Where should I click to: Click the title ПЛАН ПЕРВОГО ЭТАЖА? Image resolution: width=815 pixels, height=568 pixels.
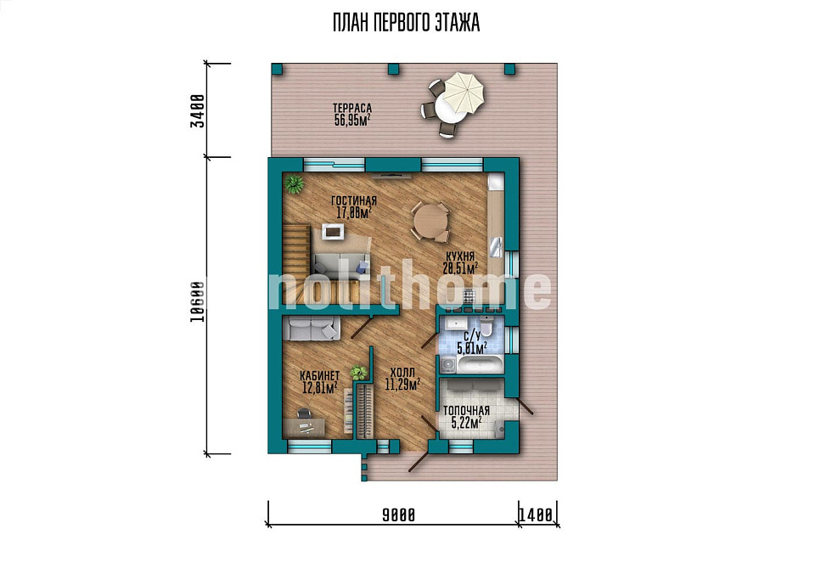point(406,24)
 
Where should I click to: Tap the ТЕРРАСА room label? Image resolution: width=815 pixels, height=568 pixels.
point(351,108)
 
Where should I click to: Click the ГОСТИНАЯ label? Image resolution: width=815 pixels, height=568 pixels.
point(353,201)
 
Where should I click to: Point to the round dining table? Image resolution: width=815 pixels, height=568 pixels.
point(430,222)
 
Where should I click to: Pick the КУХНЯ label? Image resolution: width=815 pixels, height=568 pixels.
point(459,256)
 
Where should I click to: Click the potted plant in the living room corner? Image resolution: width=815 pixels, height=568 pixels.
point(295,183)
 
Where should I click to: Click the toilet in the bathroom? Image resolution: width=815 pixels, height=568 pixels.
point(486,326)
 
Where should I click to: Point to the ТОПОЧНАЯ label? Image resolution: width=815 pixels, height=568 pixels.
point(466,412)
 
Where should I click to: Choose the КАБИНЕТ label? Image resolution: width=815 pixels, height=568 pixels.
point(320,375)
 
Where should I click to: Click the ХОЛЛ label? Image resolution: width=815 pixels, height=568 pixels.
point(402,373)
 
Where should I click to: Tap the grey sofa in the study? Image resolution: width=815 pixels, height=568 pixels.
point(312,329)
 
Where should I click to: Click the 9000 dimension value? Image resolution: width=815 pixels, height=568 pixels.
point(399,515)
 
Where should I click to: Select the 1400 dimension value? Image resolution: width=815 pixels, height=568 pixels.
point(537,515)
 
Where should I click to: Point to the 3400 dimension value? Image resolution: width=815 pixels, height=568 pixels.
point(196,110)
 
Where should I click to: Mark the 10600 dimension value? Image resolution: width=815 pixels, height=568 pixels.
point(196,302)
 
